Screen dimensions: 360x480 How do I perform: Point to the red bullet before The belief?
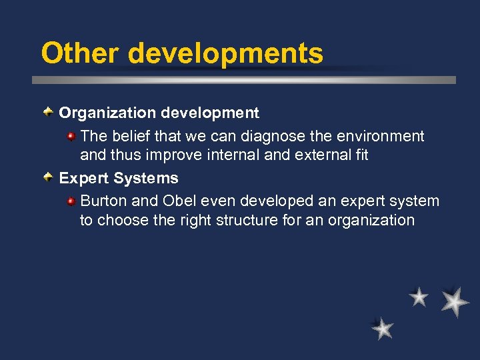tap(71, 136)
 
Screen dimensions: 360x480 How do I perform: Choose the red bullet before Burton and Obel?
tap(71, 201)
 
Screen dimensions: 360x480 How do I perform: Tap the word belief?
tap(132, 136)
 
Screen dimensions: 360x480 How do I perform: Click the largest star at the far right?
tap(455, 301)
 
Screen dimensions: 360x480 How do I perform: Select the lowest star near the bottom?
tap(383, 329)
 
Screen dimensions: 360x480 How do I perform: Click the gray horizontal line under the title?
tap(244, 79)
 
